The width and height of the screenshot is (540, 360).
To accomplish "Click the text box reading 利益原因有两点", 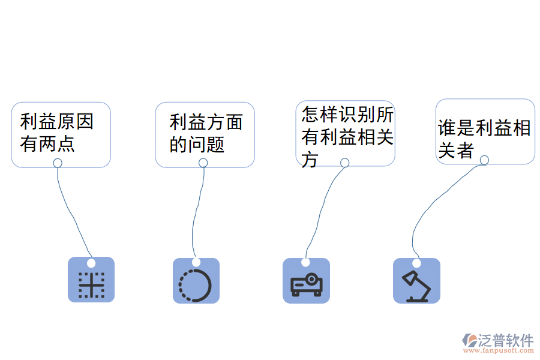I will [x=61, y=133].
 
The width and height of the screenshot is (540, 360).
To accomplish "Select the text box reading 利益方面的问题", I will [x=205, y=133].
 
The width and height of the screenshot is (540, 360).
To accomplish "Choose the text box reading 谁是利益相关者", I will [x=485, y=131].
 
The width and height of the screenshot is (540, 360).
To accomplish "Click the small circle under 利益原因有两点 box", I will [x=58, y=163].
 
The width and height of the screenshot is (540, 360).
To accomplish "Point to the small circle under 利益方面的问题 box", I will [x=203, y=163].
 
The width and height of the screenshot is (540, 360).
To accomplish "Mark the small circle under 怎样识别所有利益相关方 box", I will [x=344, y=163].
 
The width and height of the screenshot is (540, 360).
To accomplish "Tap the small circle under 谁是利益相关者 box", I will [x=484, y=160].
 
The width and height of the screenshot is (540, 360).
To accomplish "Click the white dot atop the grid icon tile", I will [x=91, y=263].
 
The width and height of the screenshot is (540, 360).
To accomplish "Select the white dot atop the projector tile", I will [x=305, y=263].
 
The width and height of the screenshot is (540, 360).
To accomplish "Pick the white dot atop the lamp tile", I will [x=416, y=263].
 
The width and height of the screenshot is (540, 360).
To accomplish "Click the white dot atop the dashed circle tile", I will [x=196, y=262].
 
